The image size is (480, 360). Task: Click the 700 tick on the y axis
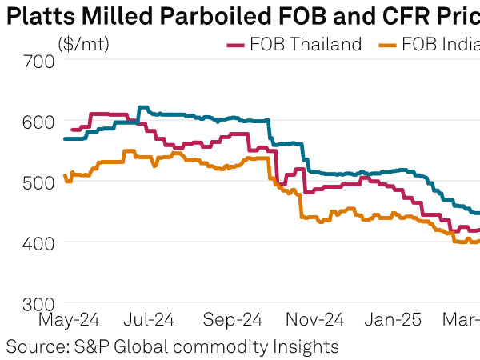pos(40,61)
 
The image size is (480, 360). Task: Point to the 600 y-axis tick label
pos(40,121)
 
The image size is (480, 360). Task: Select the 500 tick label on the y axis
pos(40,182)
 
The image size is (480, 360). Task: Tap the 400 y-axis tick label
pos(40,242)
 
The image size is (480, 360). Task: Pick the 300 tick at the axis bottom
pos(40,303)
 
